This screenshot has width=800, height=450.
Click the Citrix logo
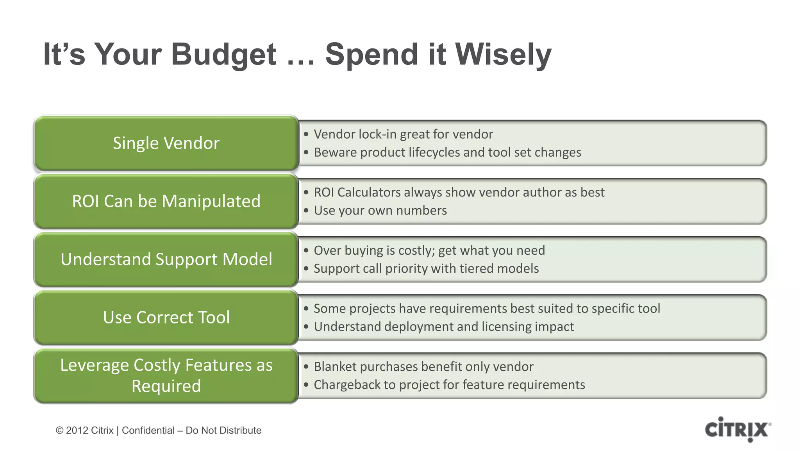737,429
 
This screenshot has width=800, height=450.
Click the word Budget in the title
223,54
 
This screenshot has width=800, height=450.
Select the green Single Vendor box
166,143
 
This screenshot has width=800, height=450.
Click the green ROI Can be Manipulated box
166,201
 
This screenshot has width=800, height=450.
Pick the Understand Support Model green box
166,259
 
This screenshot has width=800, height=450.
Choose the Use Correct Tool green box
166,317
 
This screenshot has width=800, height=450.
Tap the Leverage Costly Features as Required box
166,375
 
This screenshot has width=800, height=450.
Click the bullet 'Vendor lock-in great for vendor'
403,134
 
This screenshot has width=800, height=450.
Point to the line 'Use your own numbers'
380,211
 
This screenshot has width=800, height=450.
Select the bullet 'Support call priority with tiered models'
426,269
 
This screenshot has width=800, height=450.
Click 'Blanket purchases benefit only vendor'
423,367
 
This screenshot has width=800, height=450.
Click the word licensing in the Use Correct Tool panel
506,327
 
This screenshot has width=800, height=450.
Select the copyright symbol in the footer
59,430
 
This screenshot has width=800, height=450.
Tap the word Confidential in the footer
148,430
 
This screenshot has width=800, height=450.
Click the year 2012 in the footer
77,430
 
